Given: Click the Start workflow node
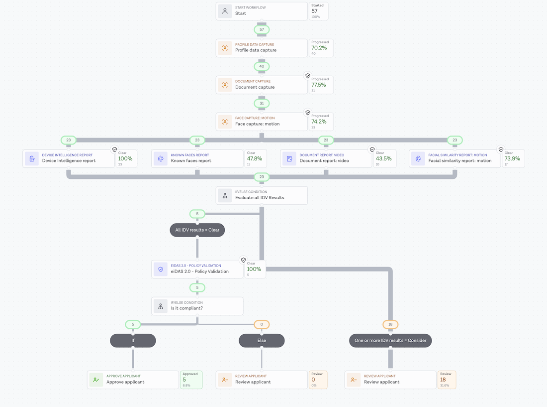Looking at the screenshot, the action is [262, 11].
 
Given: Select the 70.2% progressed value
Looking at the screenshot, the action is [319, 48].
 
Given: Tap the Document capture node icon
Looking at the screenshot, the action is [225, 85].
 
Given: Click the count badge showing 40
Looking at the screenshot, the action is [262, 66].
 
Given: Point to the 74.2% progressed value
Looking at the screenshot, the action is [319, 122].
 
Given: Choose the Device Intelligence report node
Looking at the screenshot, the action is [69, 158].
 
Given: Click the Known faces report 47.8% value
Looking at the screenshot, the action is [254, 158].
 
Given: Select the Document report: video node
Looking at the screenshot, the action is [326, 158].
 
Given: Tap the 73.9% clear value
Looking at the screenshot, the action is [512, 158].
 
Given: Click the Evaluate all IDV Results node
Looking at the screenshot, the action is [262, 195].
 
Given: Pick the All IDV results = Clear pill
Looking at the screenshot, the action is [197, 230].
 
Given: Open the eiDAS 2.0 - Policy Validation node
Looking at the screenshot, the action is [197, 269].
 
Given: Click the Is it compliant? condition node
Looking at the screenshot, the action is [197, 306].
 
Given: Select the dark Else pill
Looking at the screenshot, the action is [262, 341].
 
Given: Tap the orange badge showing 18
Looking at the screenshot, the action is [390, 324].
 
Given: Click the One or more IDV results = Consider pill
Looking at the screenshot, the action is [390, 341].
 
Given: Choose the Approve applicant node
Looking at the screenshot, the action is [133, 380].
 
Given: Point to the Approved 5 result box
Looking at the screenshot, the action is [191, 380].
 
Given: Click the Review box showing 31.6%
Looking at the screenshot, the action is [447, 380].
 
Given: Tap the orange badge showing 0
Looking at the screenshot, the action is [262, 324].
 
